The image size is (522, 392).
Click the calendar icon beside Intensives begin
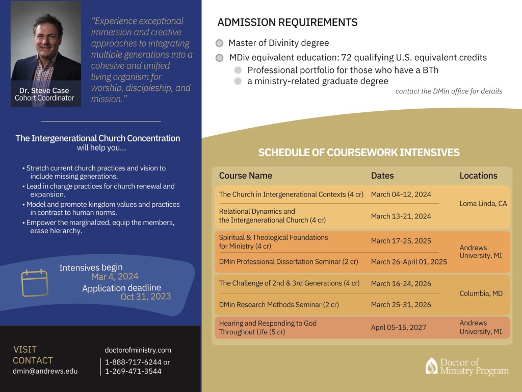click(34, 283)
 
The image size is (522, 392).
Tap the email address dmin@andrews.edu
click(45, 371)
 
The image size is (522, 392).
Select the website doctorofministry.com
click(138, 350)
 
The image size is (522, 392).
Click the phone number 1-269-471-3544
click(133, 371)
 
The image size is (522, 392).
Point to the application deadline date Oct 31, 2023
click(146, 297)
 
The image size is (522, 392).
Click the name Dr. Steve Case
click(44, 91)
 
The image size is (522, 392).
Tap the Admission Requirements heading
click(288, 22)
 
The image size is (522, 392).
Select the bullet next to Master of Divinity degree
click(220, 43)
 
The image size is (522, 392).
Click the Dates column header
click(382, 176)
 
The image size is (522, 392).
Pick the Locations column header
click(478, 176)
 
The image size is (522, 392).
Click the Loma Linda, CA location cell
click(483, 204)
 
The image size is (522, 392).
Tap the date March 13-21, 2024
click(401, 216)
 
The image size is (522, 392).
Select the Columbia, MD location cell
click(481, 293)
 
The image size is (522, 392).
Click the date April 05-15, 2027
click(398, 327)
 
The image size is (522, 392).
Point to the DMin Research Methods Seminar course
click(279, 305)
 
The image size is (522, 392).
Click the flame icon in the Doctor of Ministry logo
click(432, 365)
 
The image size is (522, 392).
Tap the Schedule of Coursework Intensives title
click(359, 153)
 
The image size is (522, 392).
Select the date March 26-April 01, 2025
click(409, 262)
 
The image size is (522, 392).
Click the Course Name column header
click(246, 176)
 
